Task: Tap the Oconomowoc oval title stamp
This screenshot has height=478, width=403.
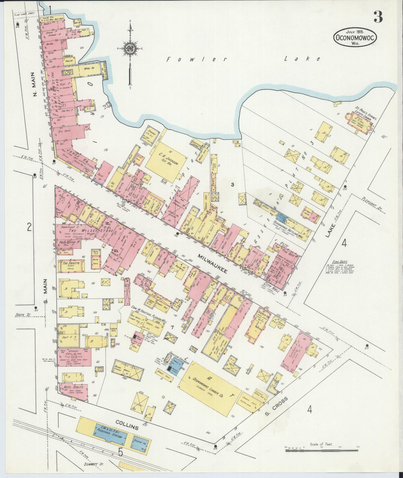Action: pyautogui.click(x=355, y=37)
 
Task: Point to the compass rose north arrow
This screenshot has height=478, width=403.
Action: pyautogui.click(x=130, y=50)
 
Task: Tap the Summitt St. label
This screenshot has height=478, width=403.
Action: pyautogui.click(x=95, y=464)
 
